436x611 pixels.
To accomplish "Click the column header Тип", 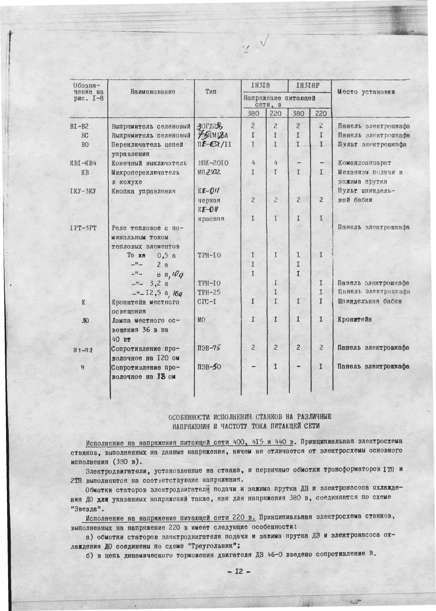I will [211, 92].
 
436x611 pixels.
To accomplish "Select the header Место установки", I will [366, 92].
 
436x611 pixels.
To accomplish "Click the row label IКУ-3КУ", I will [83, 191].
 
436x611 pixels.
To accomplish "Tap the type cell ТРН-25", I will [209, 292].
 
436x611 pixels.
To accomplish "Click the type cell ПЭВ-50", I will [209, 367].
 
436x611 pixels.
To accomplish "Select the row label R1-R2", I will [83, 350].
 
